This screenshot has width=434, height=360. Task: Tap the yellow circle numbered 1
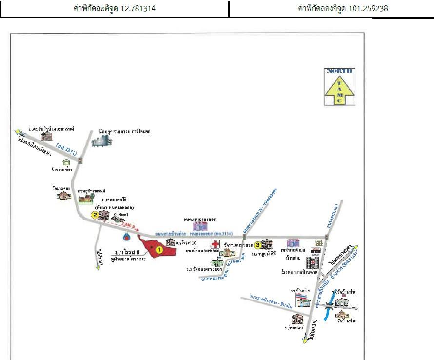click(x=158, y=249)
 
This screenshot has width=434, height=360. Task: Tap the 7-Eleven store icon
click(x=318, y=242)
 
